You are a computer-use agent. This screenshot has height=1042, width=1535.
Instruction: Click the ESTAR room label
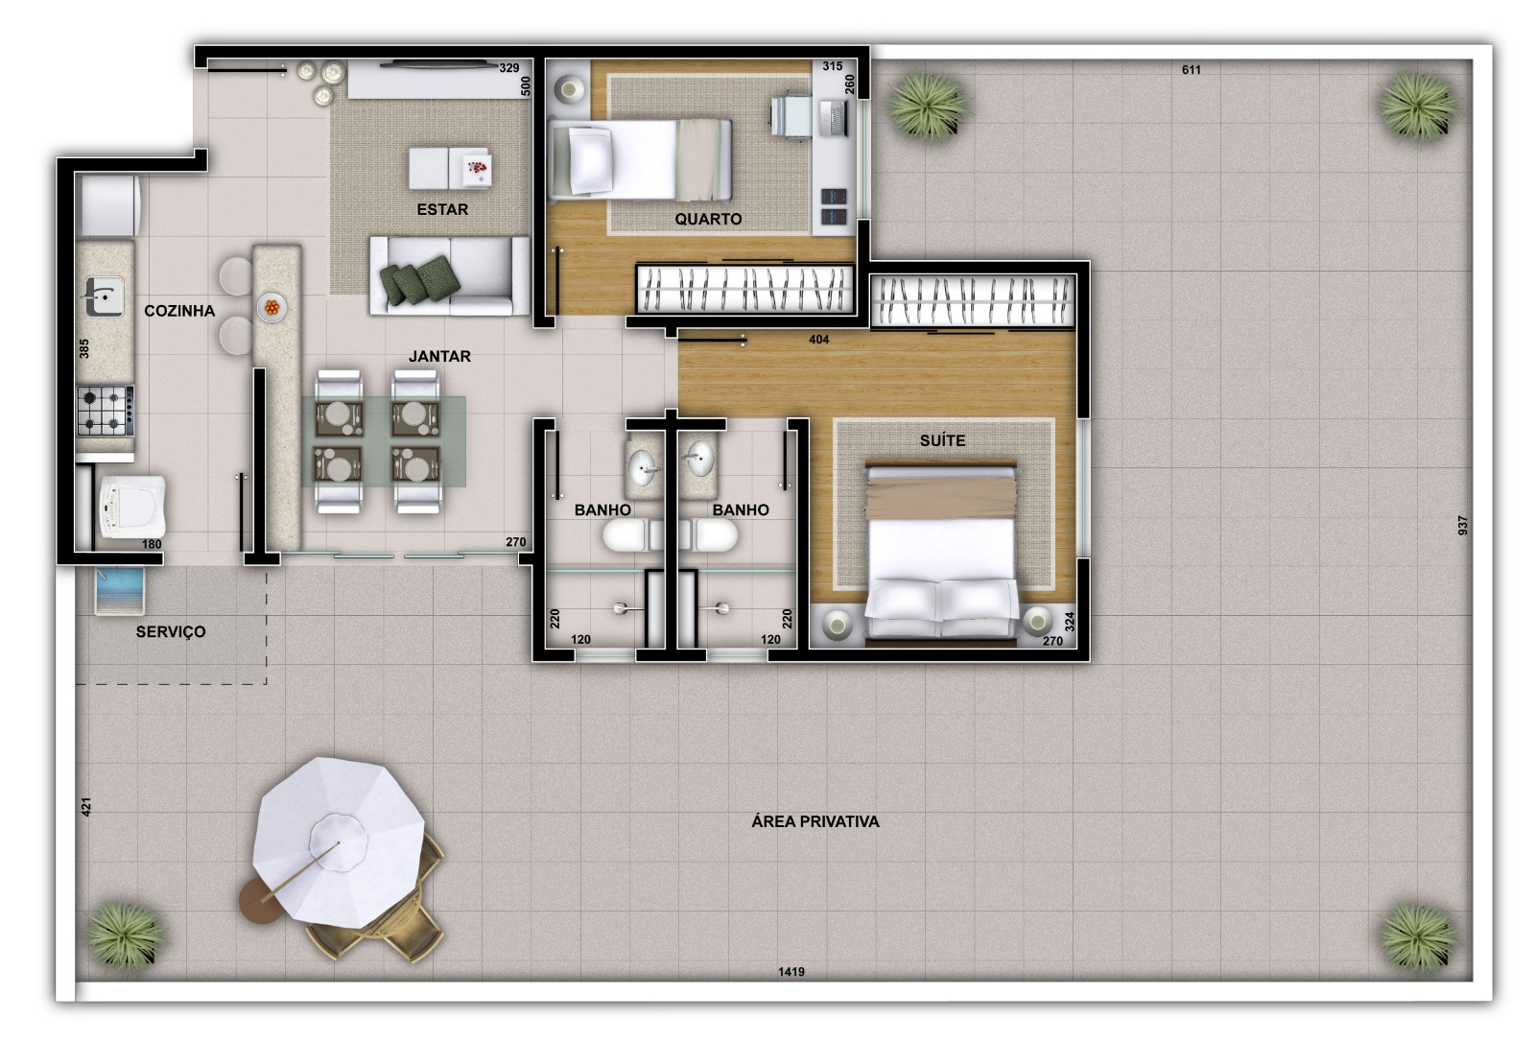tap(442, 209)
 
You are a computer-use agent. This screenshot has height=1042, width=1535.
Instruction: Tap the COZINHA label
tap(179, 311)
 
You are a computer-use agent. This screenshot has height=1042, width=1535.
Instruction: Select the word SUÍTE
tap(942, 440)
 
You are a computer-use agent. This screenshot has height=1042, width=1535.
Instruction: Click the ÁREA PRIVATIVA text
tap(815, 821)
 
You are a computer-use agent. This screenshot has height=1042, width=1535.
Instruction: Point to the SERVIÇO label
tap(171, 631)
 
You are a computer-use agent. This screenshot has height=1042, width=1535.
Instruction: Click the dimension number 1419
tap(791, 972)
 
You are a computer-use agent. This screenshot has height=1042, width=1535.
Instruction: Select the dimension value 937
tap(1462, 526)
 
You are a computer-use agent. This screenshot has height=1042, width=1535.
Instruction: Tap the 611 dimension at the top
tap(1191, 70)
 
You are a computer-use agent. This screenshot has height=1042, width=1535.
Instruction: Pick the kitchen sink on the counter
tap(103, 296)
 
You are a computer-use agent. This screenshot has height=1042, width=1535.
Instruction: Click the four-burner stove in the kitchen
tap(105, 411)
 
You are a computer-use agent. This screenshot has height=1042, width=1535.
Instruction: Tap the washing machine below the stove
tap(132, 507)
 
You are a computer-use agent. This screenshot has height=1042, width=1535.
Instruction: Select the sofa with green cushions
tap(449, 276)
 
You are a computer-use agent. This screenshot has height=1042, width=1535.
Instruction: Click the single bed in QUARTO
tap(641, 159)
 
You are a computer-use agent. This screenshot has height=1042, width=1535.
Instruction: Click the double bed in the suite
tap(941, 552)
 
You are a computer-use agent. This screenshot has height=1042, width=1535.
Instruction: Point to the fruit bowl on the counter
tap(272, 308)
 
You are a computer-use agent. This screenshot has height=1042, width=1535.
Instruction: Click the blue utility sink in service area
tap(120, 589)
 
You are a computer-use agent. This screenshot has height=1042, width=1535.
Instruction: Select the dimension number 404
tap(818, 340)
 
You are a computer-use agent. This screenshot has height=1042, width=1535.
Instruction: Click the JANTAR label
tap(439, 356)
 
